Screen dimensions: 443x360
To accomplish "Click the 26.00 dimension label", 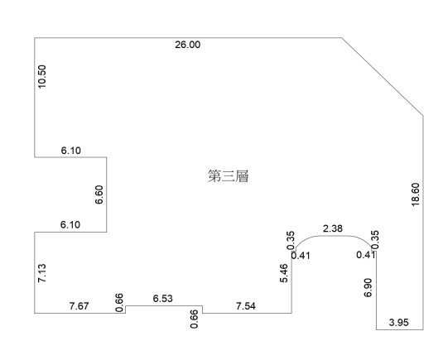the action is coord(188,45).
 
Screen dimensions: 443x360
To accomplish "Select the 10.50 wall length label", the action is coord(41,77).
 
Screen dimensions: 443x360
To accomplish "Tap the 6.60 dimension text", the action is coord(99,194).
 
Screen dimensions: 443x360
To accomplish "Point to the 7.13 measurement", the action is coord(41,273).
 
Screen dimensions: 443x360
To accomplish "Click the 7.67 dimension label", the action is coord(79,305).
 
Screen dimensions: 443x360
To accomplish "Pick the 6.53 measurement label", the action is coord(163,299).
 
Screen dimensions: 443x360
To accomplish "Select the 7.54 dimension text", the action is coord(246,305).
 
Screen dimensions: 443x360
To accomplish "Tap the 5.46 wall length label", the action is coord(284,273).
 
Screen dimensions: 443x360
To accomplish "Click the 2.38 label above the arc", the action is coord(333,228).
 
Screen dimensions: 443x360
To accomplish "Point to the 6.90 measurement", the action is coord(368,288).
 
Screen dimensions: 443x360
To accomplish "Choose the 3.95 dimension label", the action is coord(398,322).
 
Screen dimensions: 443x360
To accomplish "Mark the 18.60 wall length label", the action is coord(416,194).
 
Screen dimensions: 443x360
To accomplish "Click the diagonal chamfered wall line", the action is coord(383,76).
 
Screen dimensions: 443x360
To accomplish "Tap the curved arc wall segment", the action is coord(334,236).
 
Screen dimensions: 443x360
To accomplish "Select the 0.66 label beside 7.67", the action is coord(119,303).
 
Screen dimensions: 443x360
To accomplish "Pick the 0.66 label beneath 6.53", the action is coord(194,319).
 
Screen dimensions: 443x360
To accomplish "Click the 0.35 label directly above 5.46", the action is coord(291,240).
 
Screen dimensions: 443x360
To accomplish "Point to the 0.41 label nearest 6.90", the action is coord(366,255).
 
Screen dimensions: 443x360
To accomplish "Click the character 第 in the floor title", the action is coord(214,176).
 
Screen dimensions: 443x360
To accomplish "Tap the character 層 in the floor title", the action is coord(242,176).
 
